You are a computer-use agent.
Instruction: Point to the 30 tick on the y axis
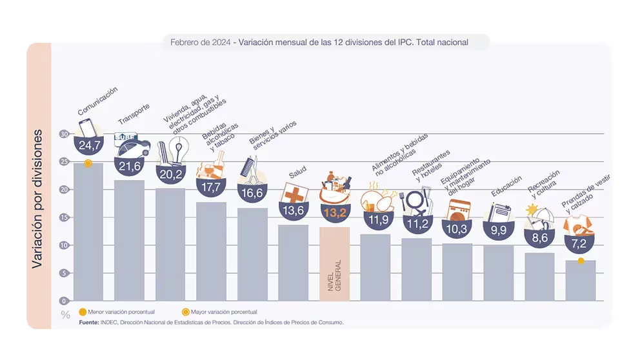coord(64,134)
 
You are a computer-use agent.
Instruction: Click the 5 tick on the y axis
coord(65,273)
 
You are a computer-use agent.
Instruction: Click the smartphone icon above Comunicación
coord(86,128)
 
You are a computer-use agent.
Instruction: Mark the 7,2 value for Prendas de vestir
coord(579,245)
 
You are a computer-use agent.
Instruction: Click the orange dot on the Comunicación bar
coord(88,163)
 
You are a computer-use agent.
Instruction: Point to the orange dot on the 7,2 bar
coord(581,261)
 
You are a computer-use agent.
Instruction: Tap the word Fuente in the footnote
coord(88,321)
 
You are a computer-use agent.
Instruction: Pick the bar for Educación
coord(498,272)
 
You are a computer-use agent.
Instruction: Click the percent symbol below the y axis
coord(65,315)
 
